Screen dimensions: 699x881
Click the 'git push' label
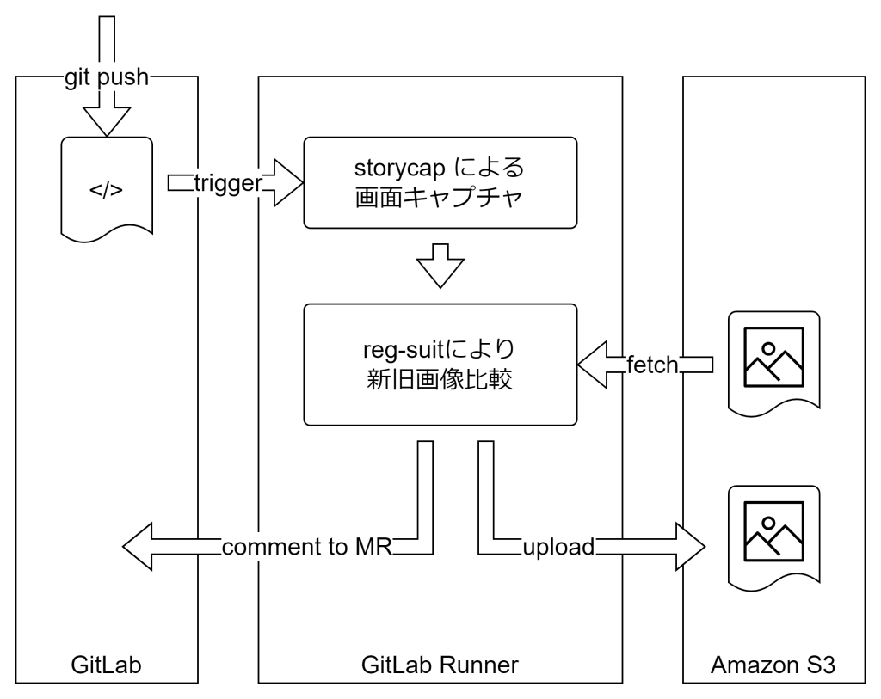(x=108, y=79)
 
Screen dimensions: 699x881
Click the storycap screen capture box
(x=440, y=182)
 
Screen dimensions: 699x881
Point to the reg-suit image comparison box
(x=440, y=364)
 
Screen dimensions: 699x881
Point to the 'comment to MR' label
(x=306, y=546)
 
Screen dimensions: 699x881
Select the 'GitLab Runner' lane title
(x=440, y=665)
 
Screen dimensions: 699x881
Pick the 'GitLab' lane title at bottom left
(x=107, y=665)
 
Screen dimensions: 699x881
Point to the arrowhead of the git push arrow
(x=107, y=123)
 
